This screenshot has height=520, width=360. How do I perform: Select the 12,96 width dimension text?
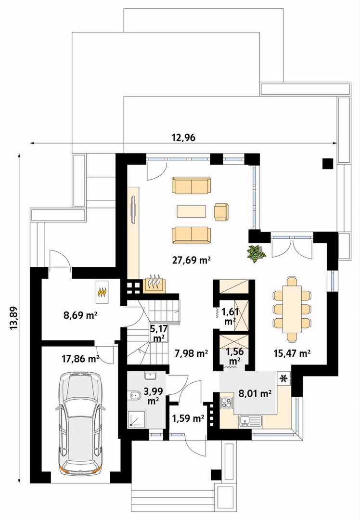[x=183, y=137]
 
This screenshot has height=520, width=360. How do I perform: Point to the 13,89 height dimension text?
[x=14, y=318]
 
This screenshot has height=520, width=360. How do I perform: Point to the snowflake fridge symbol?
[x=284, y=378]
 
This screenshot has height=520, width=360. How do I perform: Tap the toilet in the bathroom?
[x=134, y=396]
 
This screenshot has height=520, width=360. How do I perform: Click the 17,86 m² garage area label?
[x=80, y=358]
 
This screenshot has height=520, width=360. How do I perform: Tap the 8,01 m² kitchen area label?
[x=255, y=394]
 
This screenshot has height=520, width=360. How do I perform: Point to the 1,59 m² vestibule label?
[x=188, y=418]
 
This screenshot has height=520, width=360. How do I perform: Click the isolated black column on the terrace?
[x=328, y=164]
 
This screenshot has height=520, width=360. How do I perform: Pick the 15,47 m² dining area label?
[x=292, y=353]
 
